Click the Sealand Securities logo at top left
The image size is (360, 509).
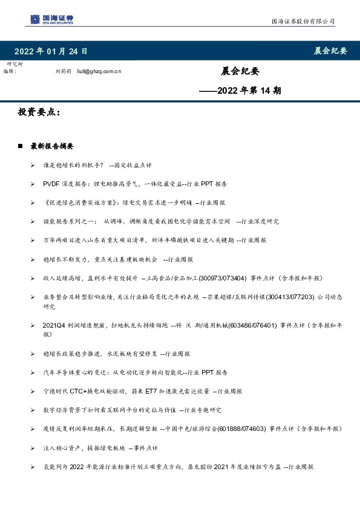coord(52,19)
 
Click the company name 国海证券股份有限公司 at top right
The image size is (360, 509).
coord(303,21)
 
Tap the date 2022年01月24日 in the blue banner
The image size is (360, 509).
coord(51,51)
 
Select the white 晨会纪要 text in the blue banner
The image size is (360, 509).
coord(330,51)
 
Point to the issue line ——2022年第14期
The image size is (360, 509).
coord(240,91)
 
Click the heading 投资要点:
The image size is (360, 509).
coord(39,112)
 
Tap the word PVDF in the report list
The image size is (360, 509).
coord(51,183)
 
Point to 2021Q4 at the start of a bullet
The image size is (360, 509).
coord(53,325)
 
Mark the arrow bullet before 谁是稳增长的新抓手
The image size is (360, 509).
coord(32,164)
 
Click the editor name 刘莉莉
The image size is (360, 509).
coord(64,71)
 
